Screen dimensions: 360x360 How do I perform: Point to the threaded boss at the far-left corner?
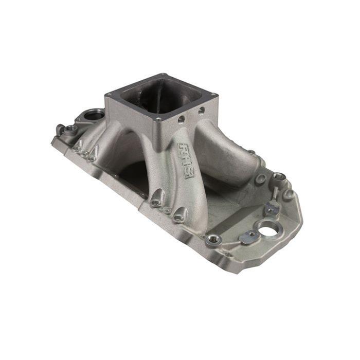(61, 129)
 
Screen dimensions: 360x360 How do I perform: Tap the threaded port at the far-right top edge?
(278, 176)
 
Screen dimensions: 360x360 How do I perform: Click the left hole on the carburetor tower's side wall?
(181, 119)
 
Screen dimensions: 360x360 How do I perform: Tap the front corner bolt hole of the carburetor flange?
(158, 119)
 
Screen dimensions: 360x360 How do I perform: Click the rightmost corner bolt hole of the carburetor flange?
(212, 95)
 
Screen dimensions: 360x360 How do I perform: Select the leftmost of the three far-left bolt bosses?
(77, 147)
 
